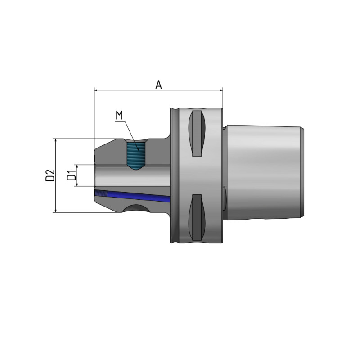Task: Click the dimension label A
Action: point(158,84)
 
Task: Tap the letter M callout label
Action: point(119,116)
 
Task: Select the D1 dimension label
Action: point(71,175)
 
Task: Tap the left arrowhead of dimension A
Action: point(96,90)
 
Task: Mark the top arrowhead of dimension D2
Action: point(56,141)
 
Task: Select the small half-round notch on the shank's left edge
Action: point(225,194)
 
